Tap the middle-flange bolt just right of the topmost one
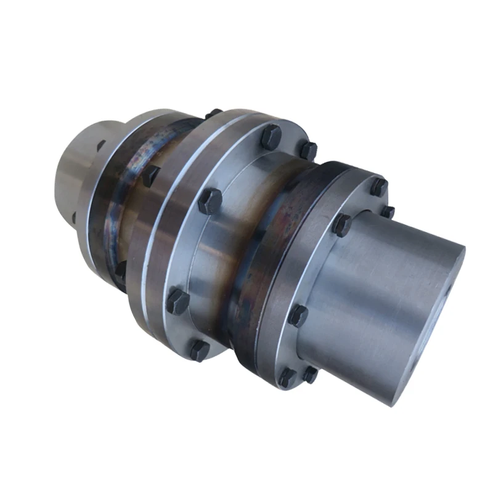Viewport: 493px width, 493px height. [308, 150]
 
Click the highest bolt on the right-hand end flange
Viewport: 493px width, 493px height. [378, 186]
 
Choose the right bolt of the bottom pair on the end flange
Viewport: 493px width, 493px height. [310, 374]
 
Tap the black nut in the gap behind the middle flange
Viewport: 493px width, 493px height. [150, 175]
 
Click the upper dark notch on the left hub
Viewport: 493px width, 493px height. [100, 145]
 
